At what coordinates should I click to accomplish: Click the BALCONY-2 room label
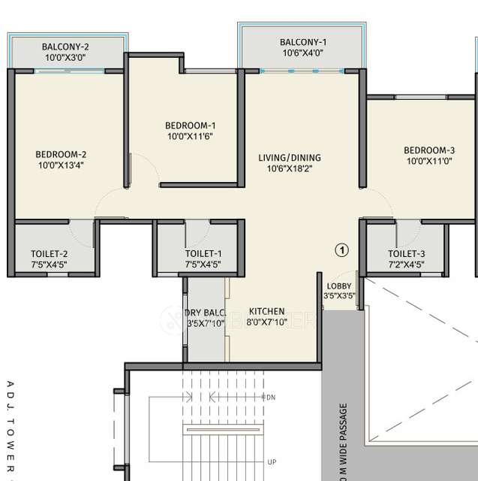click(65, 46)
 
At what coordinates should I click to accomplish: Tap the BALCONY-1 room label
click(303, 42)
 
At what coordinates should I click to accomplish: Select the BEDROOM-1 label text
click(191, 125)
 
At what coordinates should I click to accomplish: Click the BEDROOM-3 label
click(429, 150)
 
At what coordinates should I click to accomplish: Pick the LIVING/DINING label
click(289, 158)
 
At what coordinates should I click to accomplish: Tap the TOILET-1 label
click(203, 253)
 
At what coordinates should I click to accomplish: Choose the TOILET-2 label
click(50, 253)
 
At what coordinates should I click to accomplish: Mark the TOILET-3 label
click(406, 253)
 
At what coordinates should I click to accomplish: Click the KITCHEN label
click(266, 311)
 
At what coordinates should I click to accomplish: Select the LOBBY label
click(338, 286)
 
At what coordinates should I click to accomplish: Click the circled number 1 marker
click(341, 250)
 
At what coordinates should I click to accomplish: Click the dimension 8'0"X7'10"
click(266, 322)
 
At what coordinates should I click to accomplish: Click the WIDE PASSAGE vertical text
click(344, 443)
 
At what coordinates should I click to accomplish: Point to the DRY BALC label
click(205, 313)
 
